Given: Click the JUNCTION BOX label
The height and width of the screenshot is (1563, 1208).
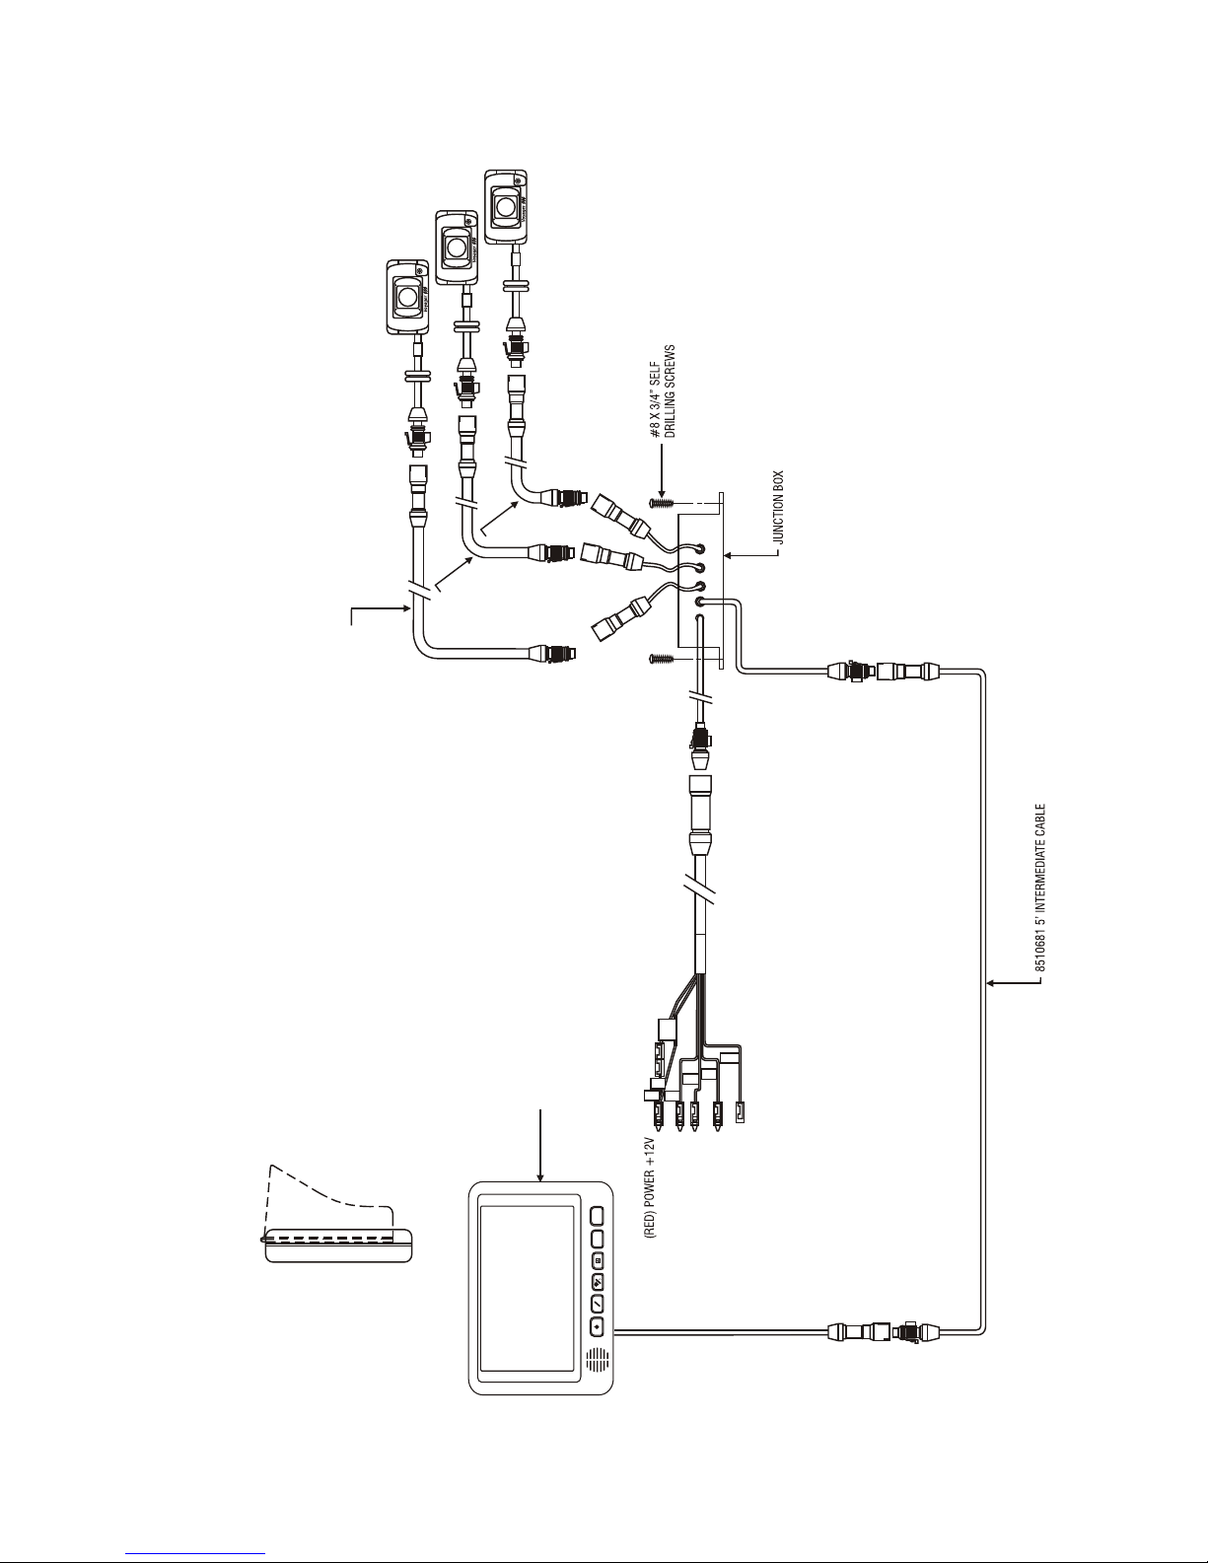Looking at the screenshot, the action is coord(778,507).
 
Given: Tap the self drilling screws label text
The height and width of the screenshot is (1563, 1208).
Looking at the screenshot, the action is coord(662,392).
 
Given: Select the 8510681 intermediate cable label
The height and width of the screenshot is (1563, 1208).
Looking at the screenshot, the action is coord(1039,888).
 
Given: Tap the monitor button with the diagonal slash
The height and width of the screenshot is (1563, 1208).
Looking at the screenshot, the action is coord(598,1303).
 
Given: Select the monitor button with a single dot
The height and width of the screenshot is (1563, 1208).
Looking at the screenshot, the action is coord(598,1325).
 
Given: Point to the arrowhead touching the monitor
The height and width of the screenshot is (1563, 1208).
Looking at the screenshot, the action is coord(540,1176).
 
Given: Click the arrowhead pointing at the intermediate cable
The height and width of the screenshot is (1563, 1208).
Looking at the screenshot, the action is coord(991,982).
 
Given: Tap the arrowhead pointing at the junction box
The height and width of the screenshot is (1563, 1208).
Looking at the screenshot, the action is coord(728,555).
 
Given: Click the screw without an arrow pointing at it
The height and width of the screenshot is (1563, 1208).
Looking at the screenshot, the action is coord(660,657).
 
